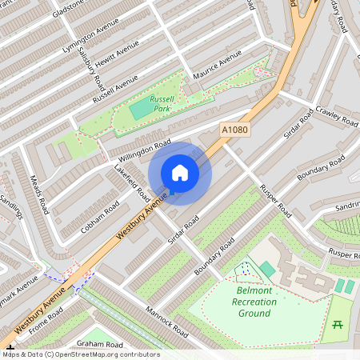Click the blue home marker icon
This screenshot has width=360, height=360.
point(180,173)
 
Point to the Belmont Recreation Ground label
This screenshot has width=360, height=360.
point(254,302)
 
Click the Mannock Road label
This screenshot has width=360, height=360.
point(166,320)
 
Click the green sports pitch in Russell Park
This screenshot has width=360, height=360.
point(141,107)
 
